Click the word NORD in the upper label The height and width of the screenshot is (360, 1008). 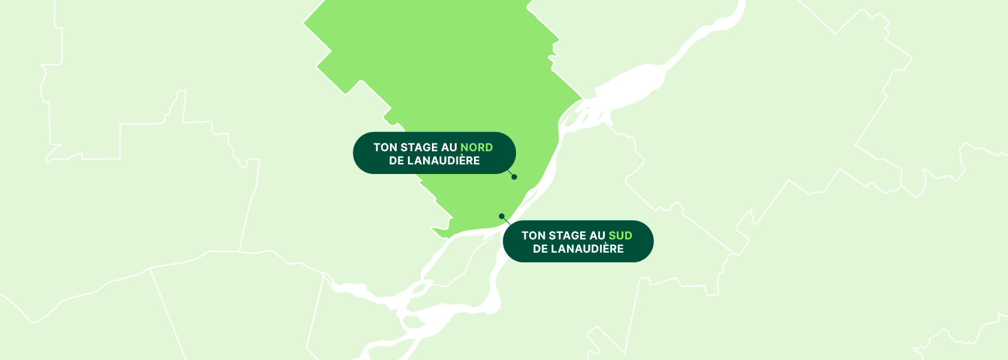(476, 148)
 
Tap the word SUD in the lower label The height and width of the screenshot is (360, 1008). (620, 236)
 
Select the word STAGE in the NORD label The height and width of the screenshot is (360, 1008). (418, 148)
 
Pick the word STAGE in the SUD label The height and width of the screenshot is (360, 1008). (566, 236)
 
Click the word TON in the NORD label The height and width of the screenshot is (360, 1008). (385, 148)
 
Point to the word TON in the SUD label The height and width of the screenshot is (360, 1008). (533, 236)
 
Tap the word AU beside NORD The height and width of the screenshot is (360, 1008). (449, 148)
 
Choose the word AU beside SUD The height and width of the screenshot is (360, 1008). (598, 236)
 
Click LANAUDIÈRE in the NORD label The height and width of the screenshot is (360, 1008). (443, 161)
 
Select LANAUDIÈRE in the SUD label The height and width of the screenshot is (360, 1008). (587, 249)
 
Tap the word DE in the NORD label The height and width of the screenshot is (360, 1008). (396, 161)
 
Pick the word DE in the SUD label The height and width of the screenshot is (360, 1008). (540, 249)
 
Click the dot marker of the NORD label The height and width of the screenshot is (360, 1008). (514, 177)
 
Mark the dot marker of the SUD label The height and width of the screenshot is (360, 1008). (502, 216)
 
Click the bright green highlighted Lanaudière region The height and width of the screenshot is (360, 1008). (456, 72)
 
